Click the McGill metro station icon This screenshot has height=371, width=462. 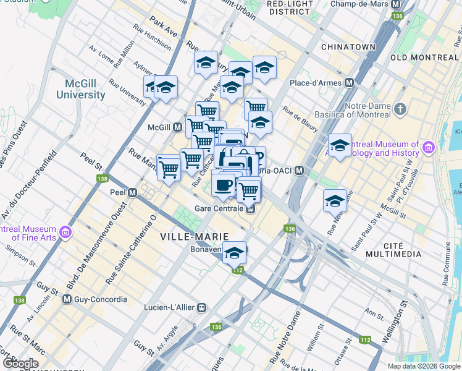177,127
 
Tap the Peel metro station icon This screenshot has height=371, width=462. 132,192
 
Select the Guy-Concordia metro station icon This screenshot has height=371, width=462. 67,299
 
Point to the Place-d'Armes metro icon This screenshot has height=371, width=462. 350,82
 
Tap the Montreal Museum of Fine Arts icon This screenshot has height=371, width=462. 66,232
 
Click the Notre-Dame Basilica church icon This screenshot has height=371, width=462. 400,109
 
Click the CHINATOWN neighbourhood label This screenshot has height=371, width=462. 348,47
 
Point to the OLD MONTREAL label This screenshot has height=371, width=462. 425,58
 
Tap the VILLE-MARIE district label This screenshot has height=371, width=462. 194,237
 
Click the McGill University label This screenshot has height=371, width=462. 81,90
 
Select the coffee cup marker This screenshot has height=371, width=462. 223,183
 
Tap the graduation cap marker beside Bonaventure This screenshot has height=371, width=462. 234,252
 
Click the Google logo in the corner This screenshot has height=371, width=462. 20,364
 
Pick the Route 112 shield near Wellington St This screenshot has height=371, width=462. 365,340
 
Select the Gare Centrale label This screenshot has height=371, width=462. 222,208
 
